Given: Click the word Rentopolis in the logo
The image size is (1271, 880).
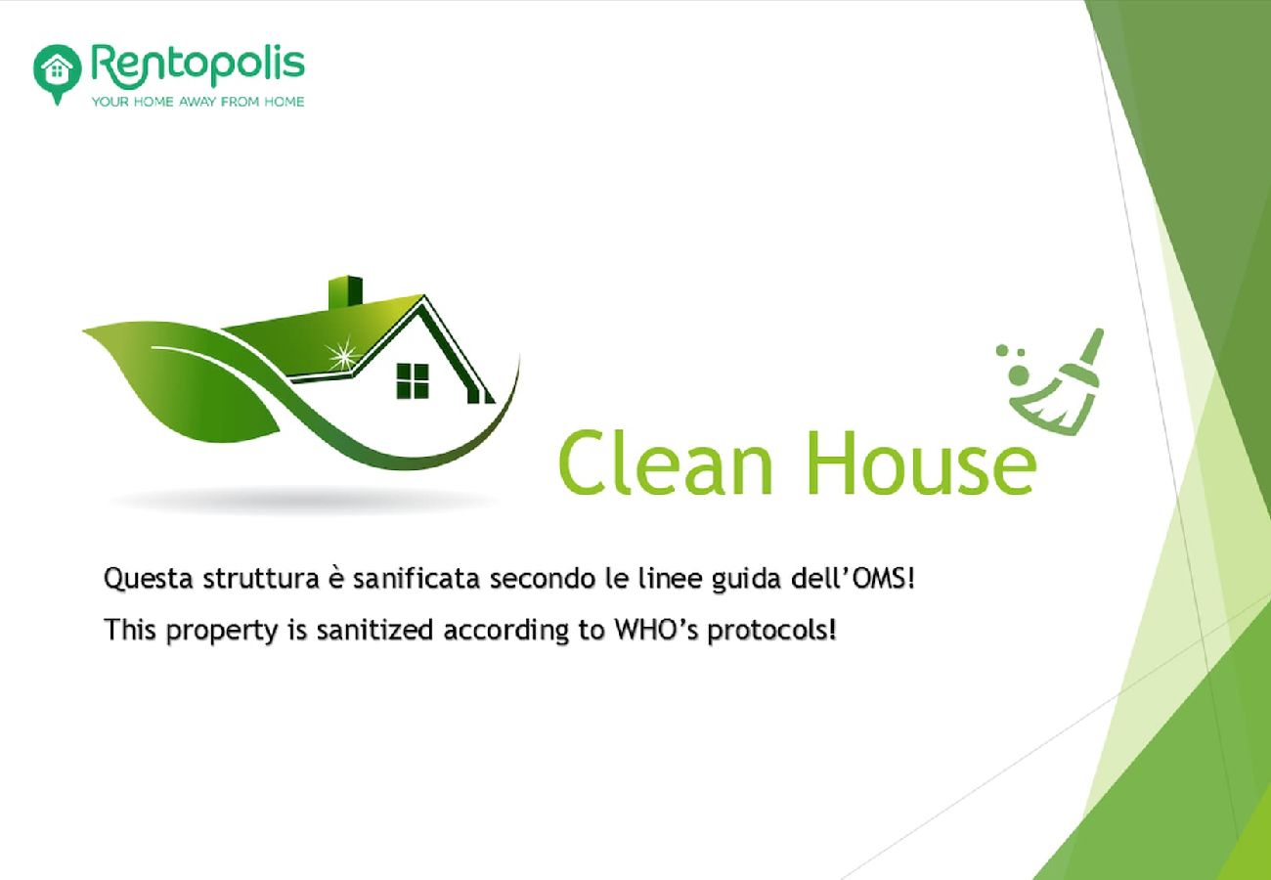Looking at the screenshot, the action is pyautogui.click(x=198, y=66).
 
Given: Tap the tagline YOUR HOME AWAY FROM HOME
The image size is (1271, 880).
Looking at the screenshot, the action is pyautogui.click(x=198, y=102).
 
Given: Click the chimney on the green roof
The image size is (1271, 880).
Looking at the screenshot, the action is pyautogui.click(x=345, y=292).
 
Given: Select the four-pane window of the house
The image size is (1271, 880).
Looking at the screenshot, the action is pyautogui.click(x=413, y=380).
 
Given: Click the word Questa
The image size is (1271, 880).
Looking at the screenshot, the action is pyautogui.click(x=149, y=580).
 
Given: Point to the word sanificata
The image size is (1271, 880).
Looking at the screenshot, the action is pyautogui.click(x=416, y=579).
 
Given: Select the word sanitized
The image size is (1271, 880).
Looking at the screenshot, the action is pyautogui.click(x=375, y=630).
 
